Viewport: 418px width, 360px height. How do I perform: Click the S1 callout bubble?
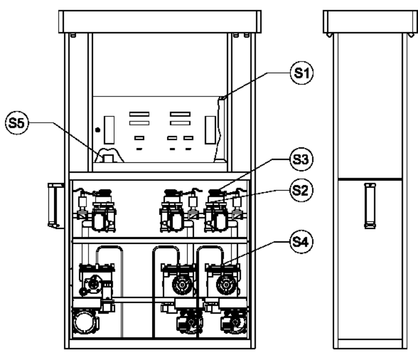coord(302,73)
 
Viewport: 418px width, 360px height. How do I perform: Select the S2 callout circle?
coord(301,190)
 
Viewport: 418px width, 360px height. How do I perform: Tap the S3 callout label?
coord(301,159)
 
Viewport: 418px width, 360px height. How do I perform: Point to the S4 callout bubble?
coord(301,242)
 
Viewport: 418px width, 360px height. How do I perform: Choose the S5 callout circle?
coord(17,123)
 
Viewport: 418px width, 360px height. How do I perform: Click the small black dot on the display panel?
coord(98,130)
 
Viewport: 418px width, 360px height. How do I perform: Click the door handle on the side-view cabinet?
coord(370,206)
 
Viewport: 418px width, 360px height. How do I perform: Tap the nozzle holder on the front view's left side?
coord(55,205)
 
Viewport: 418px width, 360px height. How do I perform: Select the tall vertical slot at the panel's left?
coord(109,130)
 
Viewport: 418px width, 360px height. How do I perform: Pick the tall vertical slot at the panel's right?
coord(210,130)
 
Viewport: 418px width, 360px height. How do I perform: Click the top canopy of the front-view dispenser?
coord(160,22)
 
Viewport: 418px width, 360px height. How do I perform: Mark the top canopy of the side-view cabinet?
coord(370,22)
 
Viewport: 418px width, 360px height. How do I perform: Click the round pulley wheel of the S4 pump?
coord(226,285)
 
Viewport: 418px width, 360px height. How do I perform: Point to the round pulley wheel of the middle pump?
coord(182,285)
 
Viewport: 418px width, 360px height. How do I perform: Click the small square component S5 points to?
coord(108,158)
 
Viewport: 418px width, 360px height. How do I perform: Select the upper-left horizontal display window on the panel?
coord(139,114)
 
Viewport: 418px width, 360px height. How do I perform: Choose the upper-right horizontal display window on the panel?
coord(180,114)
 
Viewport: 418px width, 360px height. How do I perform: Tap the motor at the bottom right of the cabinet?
coord(234,322)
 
